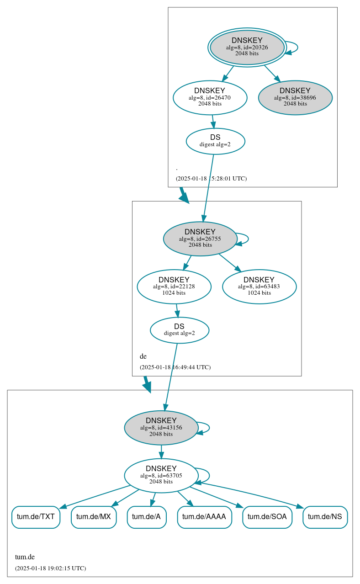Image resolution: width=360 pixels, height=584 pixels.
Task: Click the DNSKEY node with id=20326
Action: click(247, 47)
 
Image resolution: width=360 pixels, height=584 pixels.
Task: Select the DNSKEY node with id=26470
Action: click(210, 98)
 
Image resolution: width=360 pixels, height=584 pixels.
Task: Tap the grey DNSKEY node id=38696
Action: click(295, 98)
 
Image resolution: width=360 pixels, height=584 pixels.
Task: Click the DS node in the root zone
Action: click(215, 141)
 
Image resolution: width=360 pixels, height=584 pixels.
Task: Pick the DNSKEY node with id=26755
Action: click(200, 239)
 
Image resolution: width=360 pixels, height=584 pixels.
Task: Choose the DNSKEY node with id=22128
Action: click(174, 287)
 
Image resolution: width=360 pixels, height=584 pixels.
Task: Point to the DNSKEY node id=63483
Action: click(259, 287)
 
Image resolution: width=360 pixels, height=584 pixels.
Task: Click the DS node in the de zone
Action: click(179, 330)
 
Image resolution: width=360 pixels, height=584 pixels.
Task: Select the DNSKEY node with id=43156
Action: click(161, 428)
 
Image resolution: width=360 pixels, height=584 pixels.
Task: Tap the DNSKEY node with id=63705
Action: click(161, 476)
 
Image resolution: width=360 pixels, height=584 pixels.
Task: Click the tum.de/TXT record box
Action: click(36, 517)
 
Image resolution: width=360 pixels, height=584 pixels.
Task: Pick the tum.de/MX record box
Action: click(94, 517)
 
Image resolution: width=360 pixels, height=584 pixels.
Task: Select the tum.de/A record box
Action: click(146, 517)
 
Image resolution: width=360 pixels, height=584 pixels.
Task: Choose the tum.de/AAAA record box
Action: click(204, 517)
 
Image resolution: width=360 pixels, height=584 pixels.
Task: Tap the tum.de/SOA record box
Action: click(267, 517)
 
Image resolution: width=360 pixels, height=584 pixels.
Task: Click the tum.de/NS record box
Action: click(325, 517)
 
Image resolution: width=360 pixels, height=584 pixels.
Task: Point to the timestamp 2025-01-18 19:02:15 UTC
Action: click(50, 568)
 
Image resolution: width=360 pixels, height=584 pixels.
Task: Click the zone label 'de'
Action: click(143, 356)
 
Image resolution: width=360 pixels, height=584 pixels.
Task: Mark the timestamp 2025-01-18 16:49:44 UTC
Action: click(175, 367)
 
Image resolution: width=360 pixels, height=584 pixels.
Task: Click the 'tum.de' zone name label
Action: click(25, 557)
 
